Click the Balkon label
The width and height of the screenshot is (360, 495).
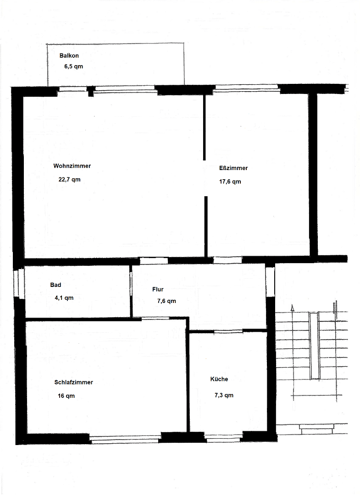69,55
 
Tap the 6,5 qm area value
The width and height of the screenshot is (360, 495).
73,66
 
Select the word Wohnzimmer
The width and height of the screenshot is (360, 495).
72,166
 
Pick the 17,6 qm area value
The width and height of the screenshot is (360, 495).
230,181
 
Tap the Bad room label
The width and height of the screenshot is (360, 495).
55,285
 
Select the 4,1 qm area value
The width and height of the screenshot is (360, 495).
64,297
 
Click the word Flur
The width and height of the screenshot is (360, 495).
158,289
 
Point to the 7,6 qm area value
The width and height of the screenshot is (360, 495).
166,301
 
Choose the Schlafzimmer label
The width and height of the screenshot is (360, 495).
73,382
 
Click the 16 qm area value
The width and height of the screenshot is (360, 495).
66,396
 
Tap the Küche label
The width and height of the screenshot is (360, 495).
219,379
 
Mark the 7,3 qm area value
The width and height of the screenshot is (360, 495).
224,395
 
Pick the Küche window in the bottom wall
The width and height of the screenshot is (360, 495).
223,439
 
